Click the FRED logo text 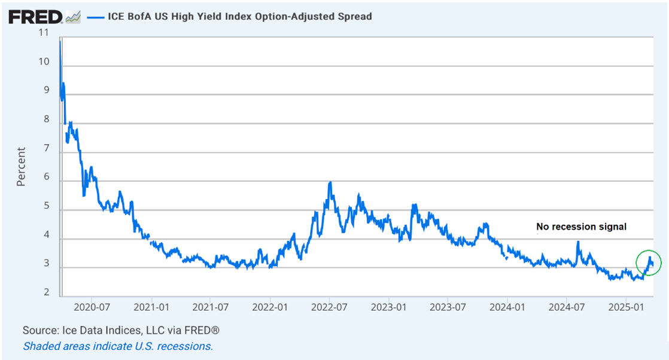35,17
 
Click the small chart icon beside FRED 73,17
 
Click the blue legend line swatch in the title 96,17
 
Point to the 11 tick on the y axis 42,33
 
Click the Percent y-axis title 21,167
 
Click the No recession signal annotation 580,227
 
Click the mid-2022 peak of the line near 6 330,184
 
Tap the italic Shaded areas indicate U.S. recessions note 118,346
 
